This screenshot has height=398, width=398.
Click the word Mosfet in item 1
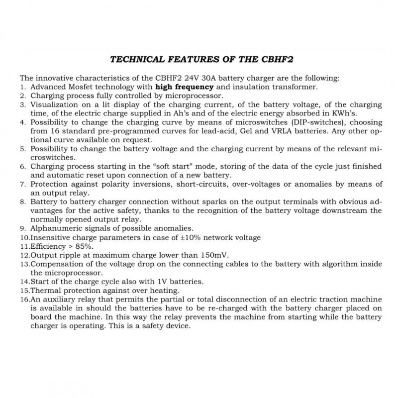(x=82, y=87)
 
